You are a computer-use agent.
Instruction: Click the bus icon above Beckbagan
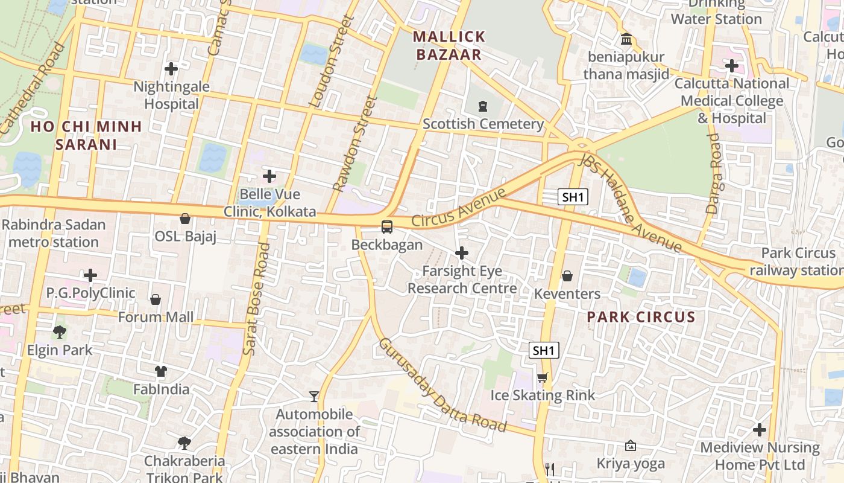[387, 227]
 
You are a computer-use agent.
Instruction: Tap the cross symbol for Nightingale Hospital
[171, 69]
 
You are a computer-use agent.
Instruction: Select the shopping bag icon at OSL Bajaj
[185, 219]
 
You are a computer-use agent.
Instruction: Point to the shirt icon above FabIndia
[160, 371]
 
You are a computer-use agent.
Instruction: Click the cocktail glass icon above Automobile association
[313, 397]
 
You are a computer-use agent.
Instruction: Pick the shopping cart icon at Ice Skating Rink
[543, 378]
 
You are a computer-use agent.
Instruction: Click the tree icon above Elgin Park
[59, 332]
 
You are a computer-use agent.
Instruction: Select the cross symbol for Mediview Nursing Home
[760, 430]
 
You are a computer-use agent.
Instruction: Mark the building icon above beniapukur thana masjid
[626, 40]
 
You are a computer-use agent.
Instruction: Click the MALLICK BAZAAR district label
[449, 45]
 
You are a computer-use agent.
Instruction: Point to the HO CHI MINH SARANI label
[86, 135]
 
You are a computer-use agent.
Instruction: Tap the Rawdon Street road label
[356, 145]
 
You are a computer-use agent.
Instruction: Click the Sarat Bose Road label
[257, 299]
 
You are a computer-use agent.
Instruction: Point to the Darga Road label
[714, 174]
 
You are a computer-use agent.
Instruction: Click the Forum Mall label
[156, 317]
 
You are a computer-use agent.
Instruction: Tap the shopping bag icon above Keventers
[567, 276]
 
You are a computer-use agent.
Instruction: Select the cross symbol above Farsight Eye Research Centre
[462, 253]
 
